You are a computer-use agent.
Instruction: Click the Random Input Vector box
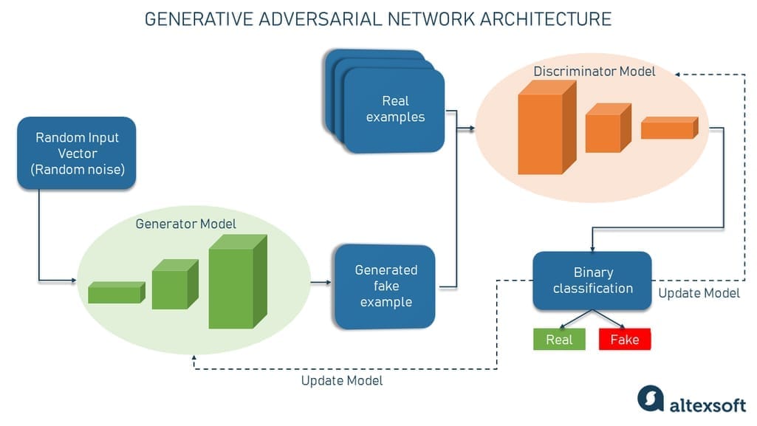[76, 153]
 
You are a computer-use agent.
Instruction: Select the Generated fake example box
[386, 286]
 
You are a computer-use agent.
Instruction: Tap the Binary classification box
[592, 281]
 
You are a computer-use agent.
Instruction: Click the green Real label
[559, 340]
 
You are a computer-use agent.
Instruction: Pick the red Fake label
[625, 340]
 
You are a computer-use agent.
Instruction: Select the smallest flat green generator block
[115, 293]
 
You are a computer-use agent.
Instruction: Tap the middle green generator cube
[173, 286]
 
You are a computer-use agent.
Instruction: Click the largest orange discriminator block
[544, 128]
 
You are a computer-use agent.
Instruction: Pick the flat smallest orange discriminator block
[668, 128]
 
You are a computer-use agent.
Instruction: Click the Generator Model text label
[186, 224]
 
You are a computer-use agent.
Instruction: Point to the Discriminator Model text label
[595, 72]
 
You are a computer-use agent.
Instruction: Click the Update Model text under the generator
[342, 381]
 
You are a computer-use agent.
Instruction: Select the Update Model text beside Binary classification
[699, 293]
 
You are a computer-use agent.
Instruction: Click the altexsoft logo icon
[650, 399]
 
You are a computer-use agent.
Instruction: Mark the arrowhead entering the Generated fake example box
[329, 282]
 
